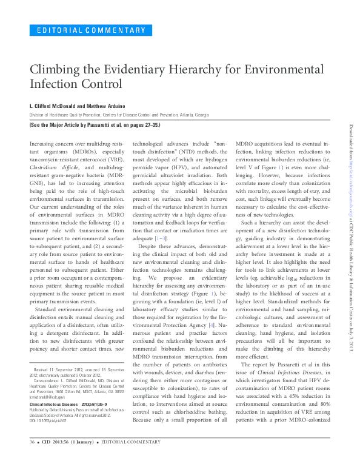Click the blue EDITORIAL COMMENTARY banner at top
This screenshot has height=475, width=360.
pos(91,30)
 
